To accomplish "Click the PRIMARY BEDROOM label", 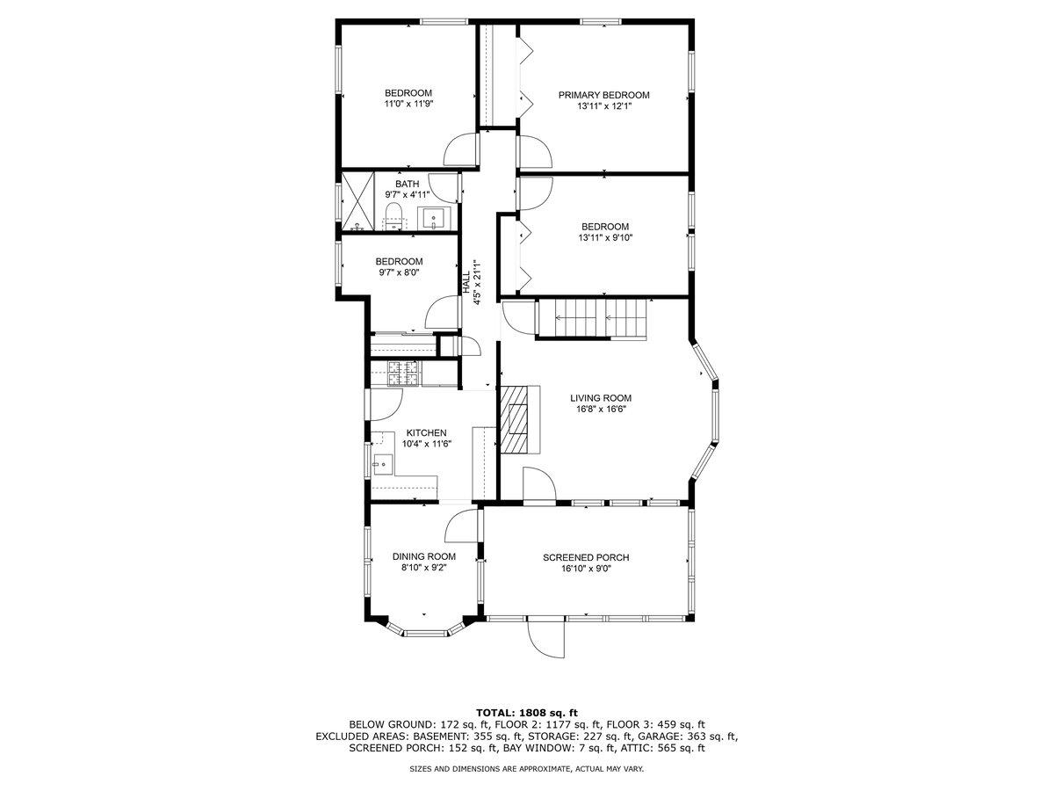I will coord(604,95).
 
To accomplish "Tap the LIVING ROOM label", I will coord(600,397).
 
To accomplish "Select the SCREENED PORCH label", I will coord(586,557).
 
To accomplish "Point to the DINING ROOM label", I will coord(423,556).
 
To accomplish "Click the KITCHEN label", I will coord(426,432).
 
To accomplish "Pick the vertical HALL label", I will coord(466,282).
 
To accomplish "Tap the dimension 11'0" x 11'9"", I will coord(408,104).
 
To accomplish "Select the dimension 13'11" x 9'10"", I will coord(604,236).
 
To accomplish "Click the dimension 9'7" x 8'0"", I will coord(399,272).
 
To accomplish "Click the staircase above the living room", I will coord(590,317).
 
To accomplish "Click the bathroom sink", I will coord(434,216).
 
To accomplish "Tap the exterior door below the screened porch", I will coord(546,638).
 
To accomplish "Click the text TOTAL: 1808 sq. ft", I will coord(527,712).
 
